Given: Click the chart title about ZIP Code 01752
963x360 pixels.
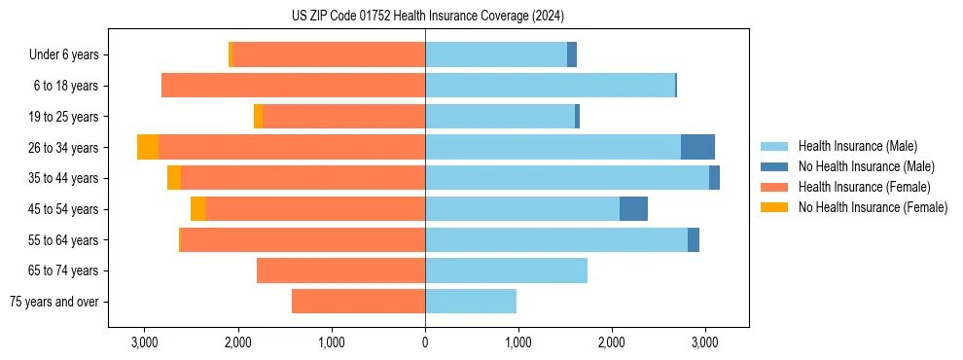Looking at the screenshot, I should tap(427, 16).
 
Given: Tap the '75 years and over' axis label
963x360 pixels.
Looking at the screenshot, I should tap(54, 302).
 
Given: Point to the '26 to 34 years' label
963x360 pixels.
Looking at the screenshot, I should tap(64, 148).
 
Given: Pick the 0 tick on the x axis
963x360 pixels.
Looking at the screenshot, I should tap(425, 342).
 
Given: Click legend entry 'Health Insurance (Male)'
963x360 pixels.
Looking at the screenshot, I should tap(857, 146).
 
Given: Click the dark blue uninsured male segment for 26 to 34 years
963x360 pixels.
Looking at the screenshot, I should tap(697, 147).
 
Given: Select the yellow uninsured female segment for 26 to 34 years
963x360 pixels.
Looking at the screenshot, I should tap(148, 147).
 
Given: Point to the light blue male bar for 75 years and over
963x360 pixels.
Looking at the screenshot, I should tap(471, 302).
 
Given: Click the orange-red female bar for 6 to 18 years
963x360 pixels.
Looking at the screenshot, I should tap(293, 86).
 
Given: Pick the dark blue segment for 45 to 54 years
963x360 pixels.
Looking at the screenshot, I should tap(633, 209).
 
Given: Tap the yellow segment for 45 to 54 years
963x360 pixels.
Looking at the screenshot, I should tap(197, 209).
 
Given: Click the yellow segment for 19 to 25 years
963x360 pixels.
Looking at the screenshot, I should tap(258, 117).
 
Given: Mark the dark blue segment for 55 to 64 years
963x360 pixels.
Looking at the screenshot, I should tap(694, 239).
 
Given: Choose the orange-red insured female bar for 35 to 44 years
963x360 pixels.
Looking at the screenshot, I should tap(303, 178).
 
